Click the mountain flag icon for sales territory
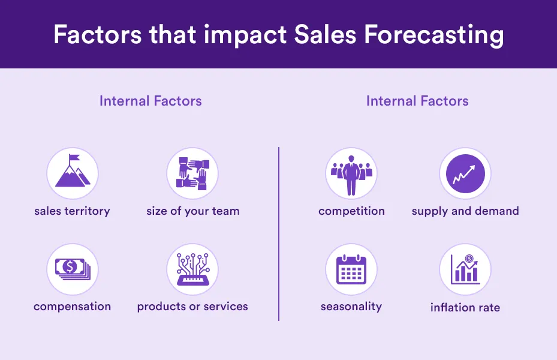coord(73,170)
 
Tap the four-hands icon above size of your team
coord(192,173)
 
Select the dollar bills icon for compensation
coord(73,269)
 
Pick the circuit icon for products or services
coord(192,269)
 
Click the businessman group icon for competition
coord(351,176)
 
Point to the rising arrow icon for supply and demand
coord(465,174)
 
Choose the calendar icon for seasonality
coord(351,269)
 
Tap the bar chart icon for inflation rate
coord(465,269)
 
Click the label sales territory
coord(72,211)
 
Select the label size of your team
coord(193,211)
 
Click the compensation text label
coord(72,307)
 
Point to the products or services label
coord(192,307)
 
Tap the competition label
coord(352,211)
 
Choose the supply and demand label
coord(465,211)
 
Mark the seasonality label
coord(351,307)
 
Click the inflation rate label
coord(465,307)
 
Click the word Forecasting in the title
coord(433,35)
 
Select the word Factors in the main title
coord(98,35)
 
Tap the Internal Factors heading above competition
coord(417,101)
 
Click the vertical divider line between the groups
coord(279,234)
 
